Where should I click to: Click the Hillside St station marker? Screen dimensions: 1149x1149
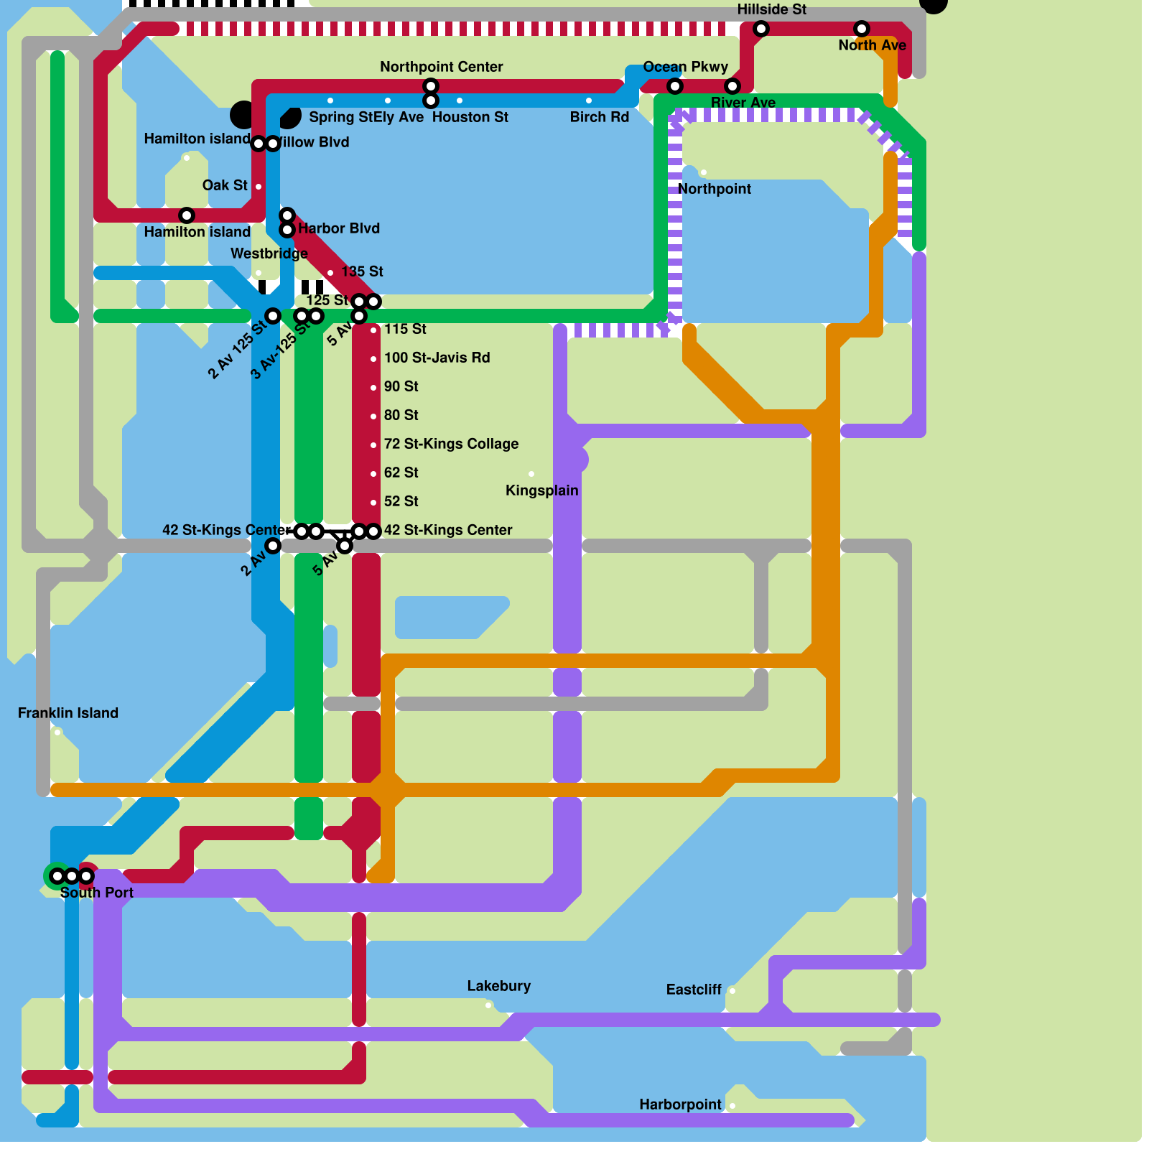(x=761, y=29)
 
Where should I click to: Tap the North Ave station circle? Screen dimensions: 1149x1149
(x=862, y=29)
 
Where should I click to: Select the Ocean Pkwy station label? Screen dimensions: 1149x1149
(x=685, y=67)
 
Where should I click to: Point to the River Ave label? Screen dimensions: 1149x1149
(x=743, y=103)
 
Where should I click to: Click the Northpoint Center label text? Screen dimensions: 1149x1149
(x=441, y=67)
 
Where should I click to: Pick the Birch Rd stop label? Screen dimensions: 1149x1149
(x=599, y=117)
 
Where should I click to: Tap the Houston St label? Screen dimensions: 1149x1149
(x=470, y=117)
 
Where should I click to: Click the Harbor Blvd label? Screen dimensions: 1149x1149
(x=338, y=228)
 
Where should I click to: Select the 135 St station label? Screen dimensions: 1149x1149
(x=362, y=271)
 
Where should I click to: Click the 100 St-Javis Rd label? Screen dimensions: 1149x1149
(x=437, y=358)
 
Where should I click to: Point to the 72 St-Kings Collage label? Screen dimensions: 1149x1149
(x=451, y=444)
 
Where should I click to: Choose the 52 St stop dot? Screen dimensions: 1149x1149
(x=373, y=503)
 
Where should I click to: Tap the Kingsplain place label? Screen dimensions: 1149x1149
(x=541, y=490)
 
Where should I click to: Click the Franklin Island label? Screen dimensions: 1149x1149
(x=68, y=713)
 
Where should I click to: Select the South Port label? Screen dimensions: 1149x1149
(x=96, y=893)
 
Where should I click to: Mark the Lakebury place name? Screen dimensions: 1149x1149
(x=498, y=986)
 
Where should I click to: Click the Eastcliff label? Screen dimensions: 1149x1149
(x=693, y=990)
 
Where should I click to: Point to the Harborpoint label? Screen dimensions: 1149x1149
(x=680, y=1104)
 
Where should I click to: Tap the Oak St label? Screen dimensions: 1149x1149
(x=225, y=185)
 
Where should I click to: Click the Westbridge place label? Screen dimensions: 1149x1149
(x=269, y=253)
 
